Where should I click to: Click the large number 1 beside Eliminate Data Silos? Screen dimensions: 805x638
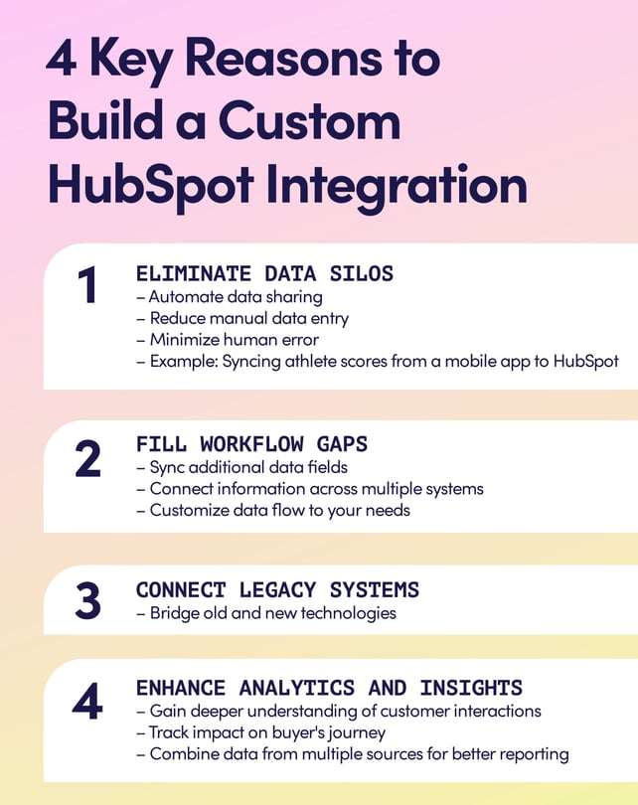(87, 287)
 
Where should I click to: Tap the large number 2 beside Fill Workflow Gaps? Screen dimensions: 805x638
(87, 459)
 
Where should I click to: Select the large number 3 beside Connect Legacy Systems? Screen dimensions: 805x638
(87, 599)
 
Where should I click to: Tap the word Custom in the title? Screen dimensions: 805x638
(309, 123)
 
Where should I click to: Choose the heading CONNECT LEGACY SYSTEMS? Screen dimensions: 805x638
(277, 589)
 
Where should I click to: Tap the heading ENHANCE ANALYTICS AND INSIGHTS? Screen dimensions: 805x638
(329, 688)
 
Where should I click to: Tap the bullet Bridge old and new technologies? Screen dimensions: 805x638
(266, 612)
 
